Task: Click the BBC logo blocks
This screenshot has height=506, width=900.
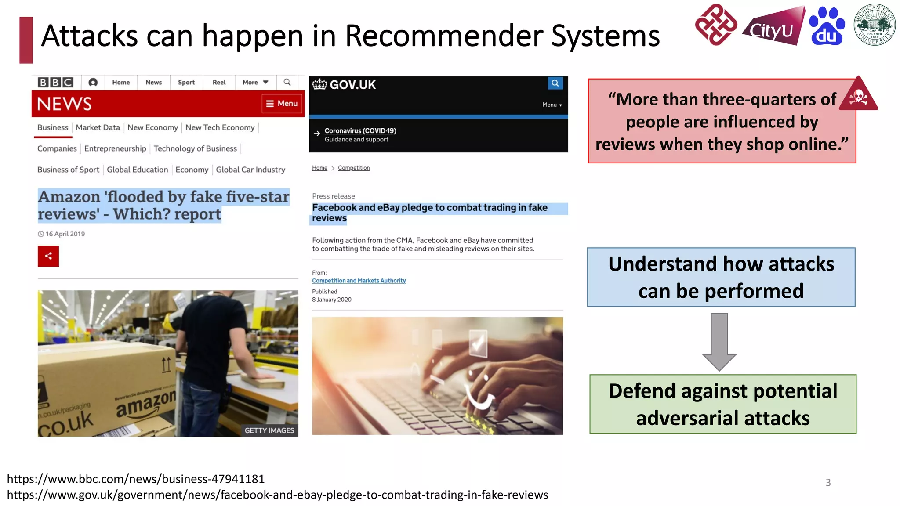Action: [x=55, y=82]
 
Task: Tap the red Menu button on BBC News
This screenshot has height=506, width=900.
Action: [x=282, y=104]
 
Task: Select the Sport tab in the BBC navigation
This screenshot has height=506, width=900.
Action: [x=186, y=82]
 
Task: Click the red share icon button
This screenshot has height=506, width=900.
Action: [x=48, y=256]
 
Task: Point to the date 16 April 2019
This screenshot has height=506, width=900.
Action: [x=65, y=234]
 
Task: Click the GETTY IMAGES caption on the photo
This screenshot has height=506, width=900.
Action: [x=269, y=430]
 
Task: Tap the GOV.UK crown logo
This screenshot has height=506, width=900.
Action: [x=319, y=84]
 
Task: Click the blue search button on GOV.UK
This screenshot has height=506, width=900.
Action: [x=555, y=83]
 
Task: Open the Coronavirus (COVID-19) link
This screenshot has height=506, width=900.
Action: [x=360, y=130]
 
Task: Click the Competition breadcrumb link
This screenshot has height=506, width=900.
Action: [x=354, y=168]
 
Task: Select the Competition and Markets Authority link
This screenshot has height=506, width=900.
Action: [x=359, y=281]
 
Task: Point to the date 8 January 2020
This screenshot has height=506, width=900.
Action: [x=332, y=300]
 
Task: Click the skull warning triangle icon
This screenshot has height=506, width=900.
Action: [x=858, y=96]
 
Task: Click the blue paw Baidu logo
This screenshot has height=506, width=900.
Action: [x=827, y=26]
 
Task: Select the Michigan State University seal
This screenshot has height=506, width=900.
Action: [x=875, y=25]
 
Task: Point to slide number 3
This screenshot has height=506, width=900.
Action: [x=828, y=483]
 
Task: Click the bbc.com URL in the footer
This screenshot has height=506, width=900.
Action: [x=136, y=479]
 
